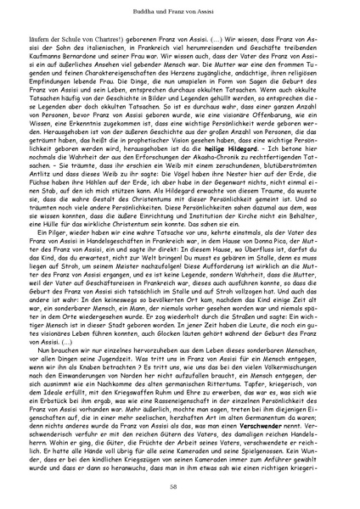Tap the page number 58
[x=180, y=485]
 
